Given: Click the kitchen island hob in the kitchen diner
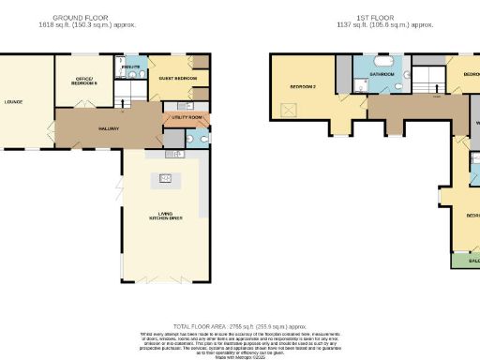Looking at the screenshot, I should [167, 178].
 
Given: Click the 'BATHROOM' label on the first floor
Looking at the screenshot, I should [381, 73].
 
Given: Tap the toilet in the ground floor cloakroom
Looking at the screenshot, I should [190, 140].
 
